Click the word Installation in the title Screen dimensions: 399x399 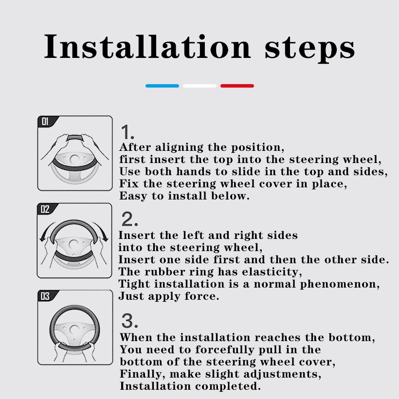(147, 47)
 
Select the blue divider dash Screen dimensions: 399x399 (162, 86)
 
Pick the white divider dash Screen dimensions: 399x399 (199, 86)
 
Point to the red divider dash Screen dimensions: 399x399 (237, 86)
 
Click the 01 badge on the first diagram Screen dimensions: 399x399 (45, 121)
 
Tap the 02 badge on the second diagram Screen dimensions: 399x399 (45, 209)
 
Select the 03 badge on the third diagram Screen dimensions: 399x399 (45, 296)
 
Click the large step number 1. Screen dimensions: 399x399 (127, 132)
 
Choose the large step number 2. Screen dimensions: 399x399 (129, 219)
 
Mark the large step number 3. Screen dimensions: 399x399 (129, 321)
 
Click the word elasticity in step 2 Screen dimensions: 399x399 (272, 272)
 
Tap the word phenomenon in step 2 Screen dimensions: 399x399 (340, 285)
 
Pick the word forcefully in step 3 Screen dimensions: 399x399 (224, 350)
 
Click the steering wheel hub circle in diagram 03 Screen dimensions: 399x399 (74, 330)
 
